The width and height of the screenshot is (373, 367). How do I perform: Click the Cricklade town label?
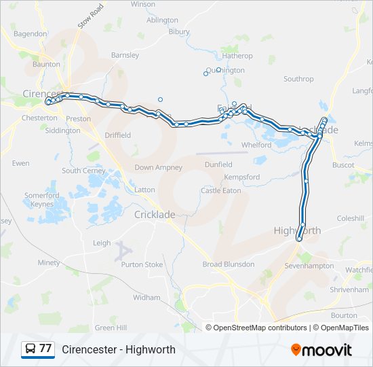[155, 214]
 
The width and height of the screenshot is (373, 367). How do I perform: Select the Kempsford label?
[242, 177]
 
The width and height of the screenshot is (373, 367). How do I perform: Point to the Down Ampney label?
[154, 167]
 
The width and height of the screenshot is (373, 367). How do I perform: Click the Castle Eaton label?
[220, 191]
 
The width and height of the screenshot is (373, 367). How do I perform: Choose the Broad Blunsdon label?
[229, 264]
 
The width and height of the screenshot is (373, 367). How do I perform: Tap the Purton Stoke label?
[142, 264]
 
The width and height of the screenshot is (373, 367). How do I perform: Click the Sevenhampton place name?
[309, 266]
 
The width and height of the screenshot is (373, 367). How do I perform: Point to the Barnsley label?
[125, 55]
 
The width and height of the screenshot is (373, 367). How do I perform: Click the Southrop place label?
[298, 79]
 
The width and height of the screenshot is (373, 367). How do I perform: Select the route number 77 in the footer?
[45, 349]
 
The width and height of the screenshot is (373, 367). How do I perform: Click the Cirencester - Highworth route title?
[119, 349]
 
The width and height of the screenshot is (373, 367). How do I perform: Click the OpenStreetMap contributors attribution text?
[260, 328]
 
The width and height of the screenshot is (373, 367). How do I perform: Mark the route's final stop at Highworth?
[298, 239]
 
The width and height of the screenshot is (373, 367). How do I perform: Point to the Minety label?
[49, 262]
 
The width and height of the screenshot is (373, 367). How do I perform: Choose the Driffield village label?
[117, 135]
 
